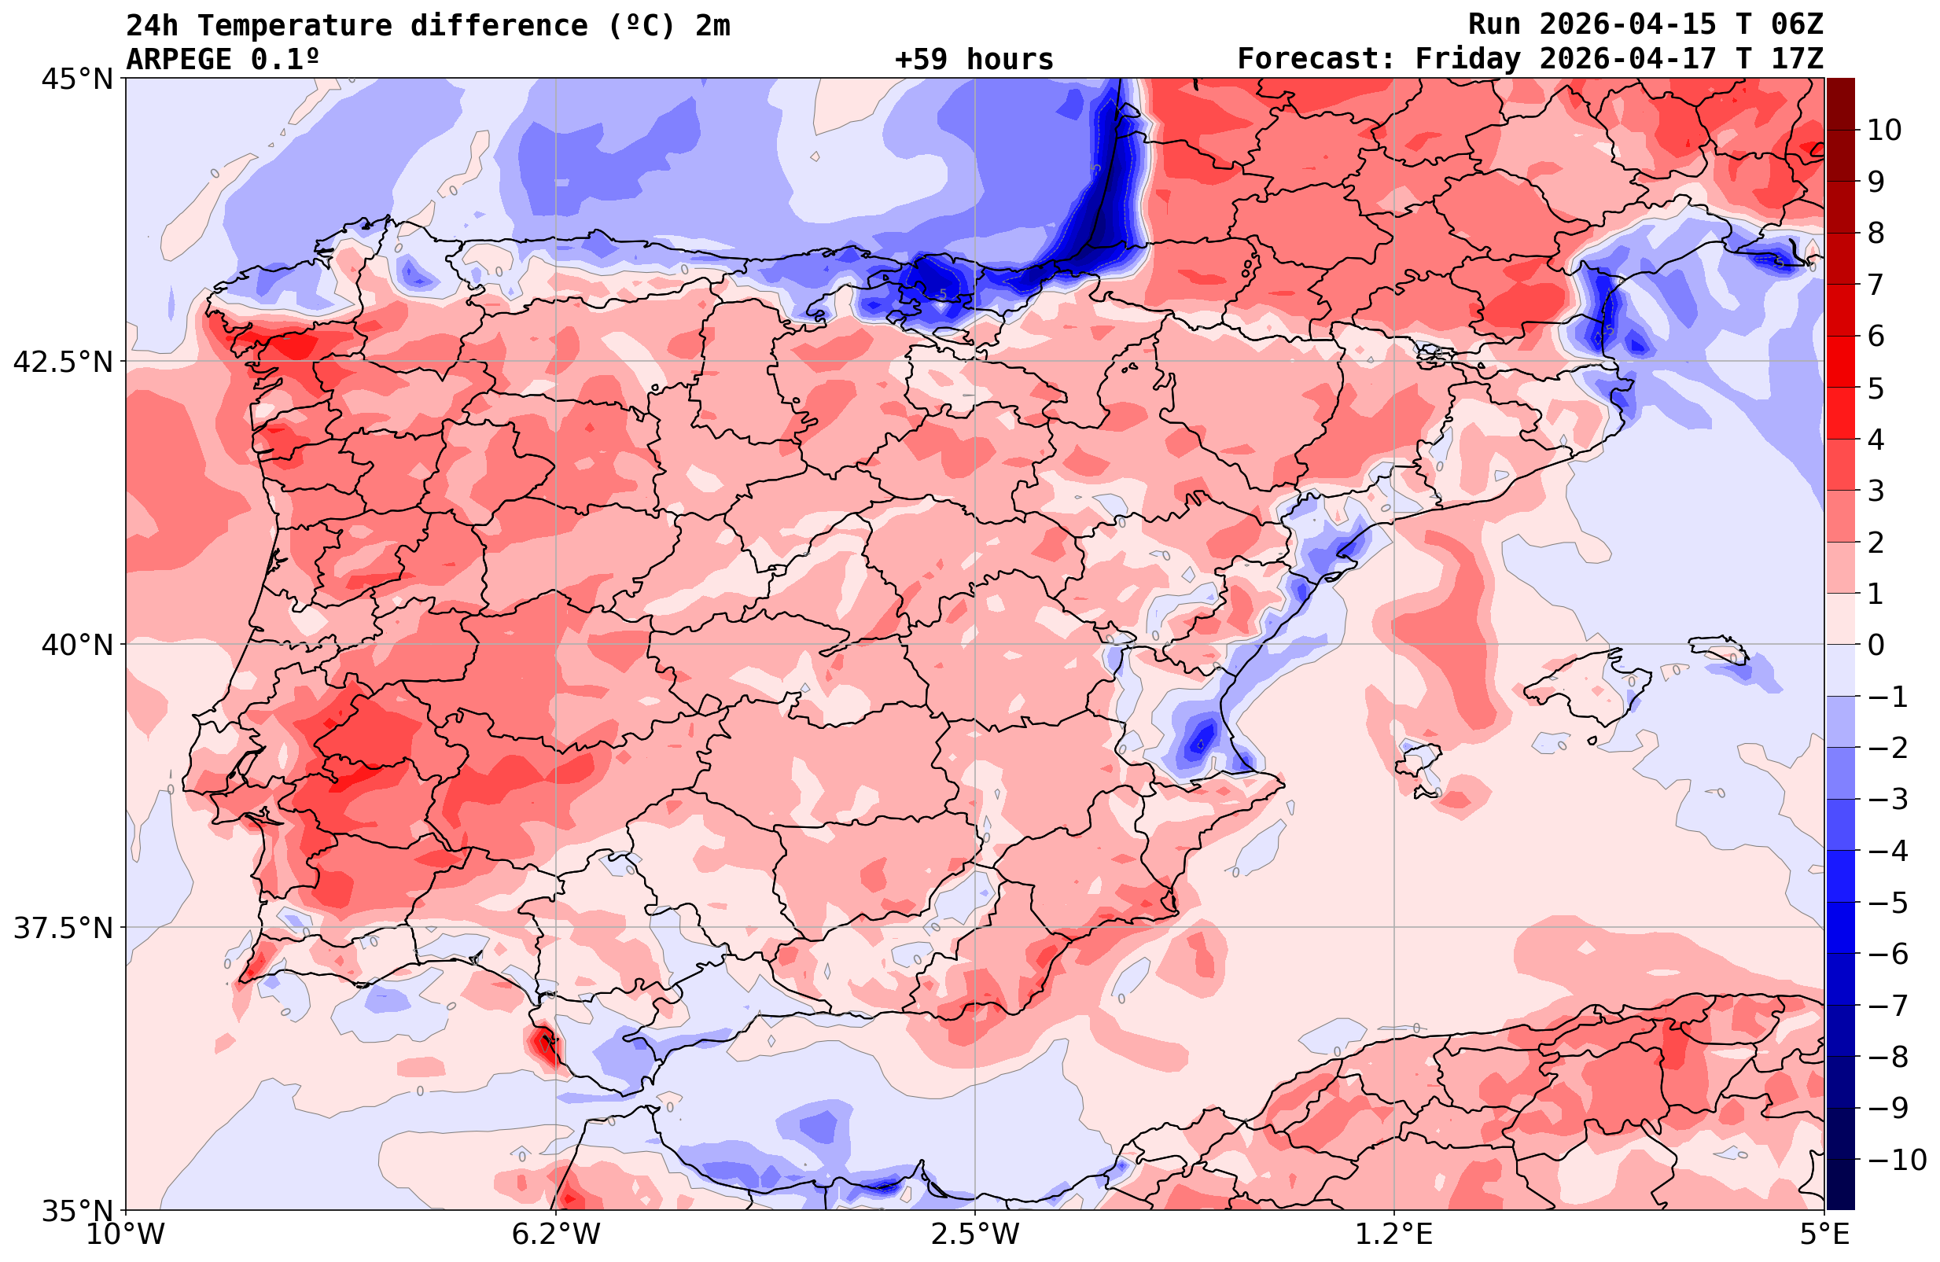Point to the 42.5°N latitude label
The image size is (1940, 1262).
click(x=64, y=362)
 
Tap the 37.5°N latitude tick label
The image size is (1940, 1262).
click(x=64, y=929)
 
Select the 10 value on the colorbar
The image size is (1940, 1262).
click(x=1883, y=131)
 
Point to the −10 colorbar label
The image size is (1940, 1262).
click(x=1893, y=1159)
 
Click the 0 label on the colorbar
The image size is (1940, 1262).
click(x=1876, y=645)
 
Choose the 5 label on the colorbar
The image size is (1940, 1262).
click(x=1876, y=388)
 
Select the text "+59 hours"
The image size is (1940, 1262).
click(x=974, y=60)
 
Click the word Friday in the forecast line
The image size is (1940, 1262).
click(x=1468, y=60)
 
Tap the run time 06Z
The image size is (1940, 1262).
click(x=1797, y=25)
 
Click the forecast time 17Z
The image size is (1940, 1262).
click(x=1797, y=60)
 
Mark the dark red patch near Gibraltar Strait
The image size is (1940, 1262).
click(x=543, y=1046)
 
